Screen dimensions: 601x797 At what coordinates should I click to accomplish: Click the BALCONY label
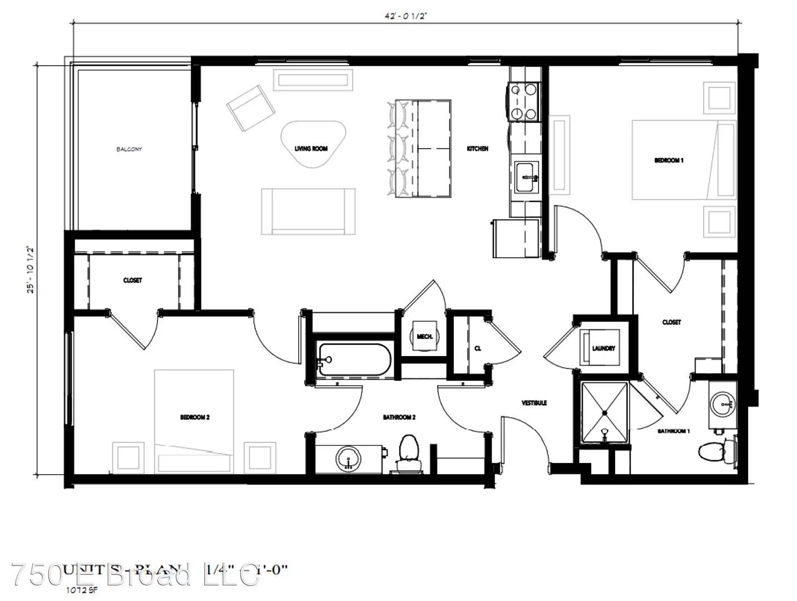pos(129,149)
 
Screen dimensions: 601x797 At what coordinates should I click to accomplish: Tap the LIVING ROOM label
pos(311,149)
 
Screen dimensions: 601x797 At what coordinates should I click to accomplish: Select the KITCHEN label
pos(477,149)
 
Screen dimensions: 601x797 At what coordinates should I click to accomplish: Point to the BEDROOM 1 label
pos(669,160)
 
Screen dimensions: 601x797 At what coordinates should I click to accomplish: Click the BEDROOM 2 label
pos(195,417)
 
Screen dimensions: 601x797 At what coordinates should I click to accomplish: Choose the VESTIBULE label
pos(534,403)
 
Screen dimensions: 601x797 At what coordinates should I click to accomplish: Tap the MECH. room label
pos(425,337)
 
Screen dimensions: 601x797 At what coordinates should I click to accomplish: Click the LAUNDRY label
pos(603,348)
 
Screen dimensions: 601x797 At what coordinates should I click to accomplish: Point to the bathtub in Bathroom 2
pos(354,359)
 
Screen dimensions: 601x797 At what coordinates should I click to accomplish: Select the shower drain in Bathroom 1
pos(605,412)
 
